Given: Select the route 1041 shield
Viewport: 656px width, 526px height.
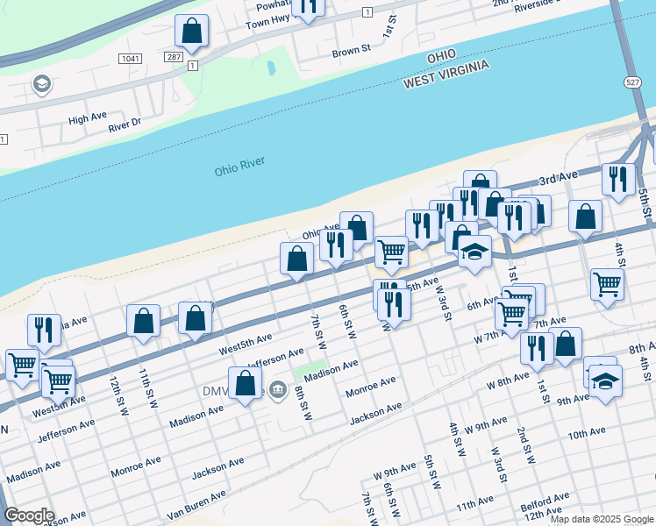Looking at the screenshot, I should [130, 58].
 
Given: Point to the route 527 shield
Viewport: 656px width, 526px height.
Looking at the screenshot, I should [632, 82].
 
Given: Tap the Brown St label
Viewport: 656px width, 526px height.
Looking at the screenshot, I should [346, 53].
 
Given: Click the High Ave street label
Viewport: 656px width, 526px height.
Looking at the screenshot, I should [87, 117].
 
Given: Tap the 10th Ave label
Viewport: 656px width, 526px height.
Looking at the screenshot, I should [587, 433].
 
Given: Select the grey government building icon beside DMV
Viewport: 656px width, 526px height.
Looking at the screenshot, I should [279, 388].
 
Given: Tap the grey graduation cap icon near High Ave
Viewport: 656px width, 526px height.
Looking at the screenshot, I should [40, 84].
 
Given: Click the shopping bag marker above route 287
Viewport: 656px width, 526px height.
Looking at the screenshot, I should [191, 32].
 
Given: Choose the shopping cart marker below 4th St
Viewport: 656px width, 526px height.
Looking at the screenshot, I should [607, 285].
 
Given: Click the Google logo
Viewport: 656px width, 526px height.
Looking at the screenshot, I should [29, 515].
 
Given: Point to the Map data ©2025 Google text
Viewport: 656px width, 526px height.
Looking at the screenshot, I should [602, 519].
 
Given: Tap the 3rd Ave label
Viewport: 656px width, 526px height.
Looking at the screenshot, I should [562, 178].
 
